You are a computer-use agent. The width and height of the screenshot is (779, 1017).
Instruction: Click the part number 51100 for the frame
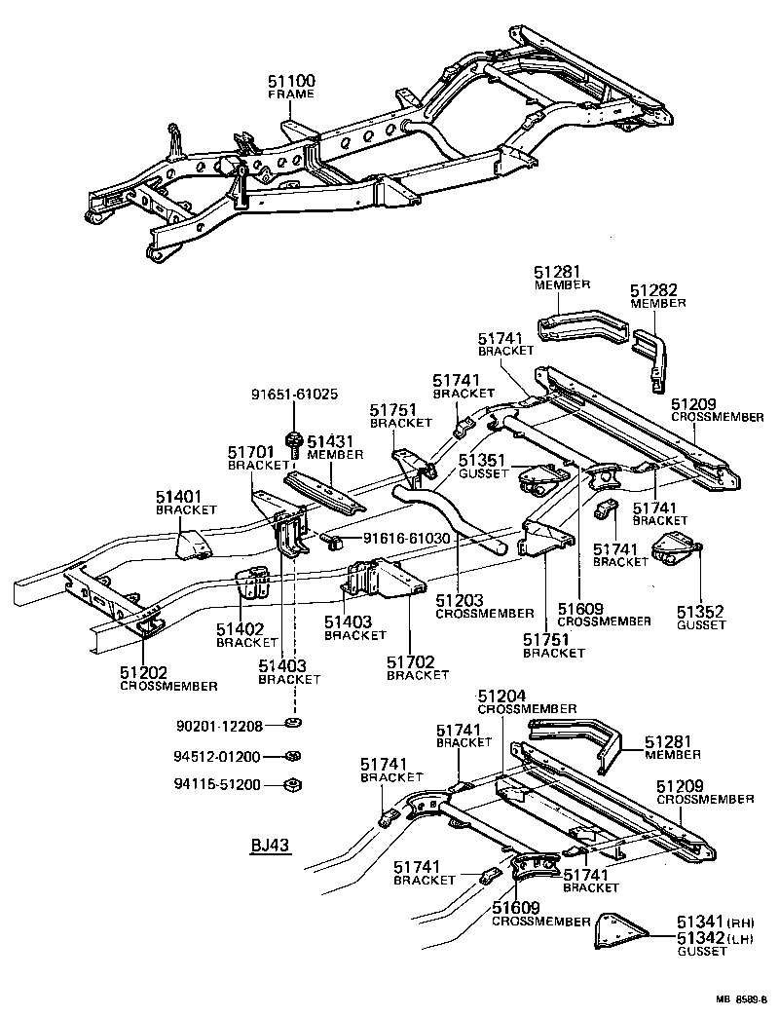[x=291, y=81]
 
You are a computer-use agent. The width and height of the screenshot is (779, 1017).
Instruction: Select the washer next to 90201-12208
[x=291, y=723]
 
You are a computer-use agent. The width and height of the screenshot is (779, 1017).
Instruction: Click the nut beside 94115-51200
[x=290, y=784]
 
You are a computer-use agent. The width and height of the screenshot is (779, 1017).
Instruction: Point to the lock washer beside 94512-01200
[x=290, y=756]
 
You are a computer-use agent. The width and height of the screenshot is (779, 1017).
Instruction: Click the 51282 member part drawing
[x=649, y=356]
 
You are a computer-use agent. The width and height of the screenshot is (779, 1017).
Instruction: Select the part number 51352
[x=701, y=612]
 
